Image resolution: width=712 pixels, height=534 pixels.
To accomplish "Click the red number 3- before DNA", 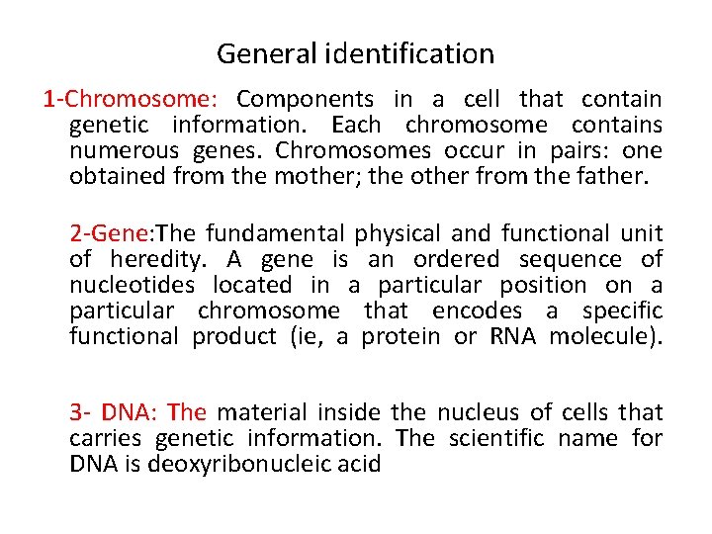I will coord(79,412).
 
